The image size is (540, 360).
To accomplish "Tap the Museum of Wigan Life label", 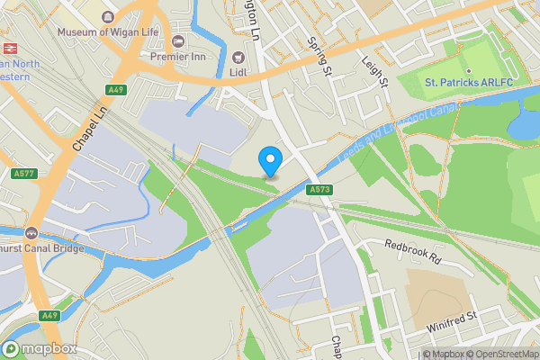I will click(x=109, y=31).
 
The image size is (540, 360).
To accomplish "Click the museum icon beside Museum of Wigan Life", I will click(x=109, y=17).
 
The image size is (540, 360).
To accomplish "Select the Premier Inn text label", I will click(x=178, y=57).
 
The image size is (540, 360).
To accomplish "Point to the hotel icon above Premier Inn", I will click(x=178, y=42).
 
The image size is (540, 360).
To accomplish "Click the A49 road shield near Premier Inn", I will click(x=114, y=90).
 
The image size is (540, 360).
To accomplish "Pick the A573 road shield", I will click(x=318, y=190).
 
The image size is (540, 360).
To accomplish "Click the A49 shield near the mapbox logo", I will click(x=50, y=316).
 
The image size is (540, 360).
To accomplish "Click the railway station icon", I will click(x=11, y=48).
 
